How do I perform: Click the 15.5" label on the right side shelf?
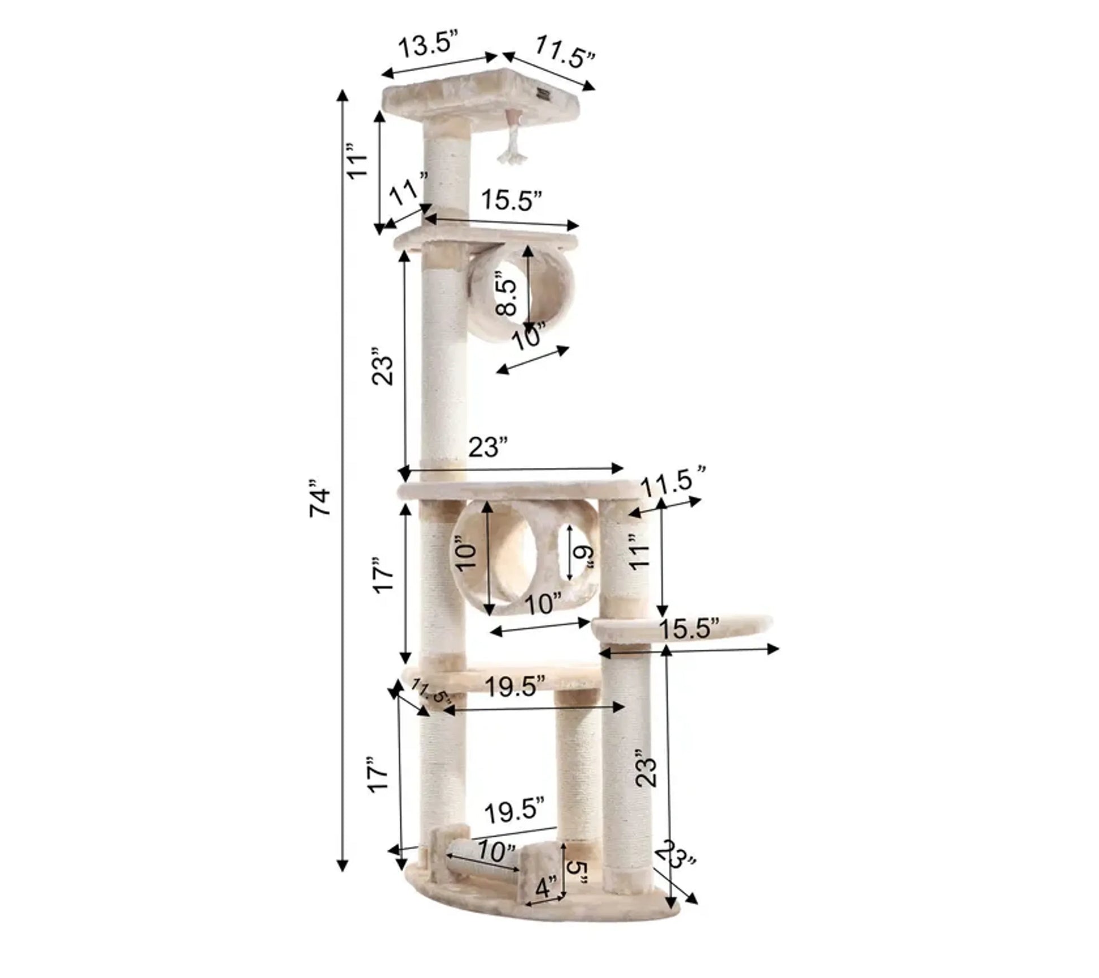[x=690, y=628]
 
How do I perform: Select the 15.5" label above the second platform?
[x=512, y=200]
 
